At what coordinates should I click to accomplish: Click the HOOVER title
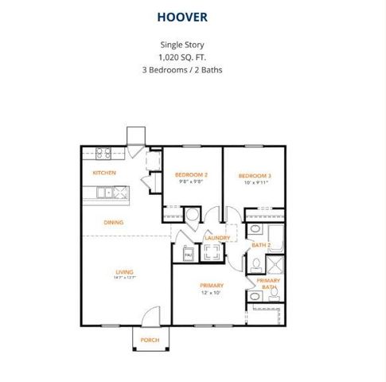point(193,16)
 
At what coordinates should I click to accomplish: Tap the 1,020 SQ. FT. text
point(193,58)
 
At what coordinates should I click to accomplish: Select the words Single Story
point(193,45)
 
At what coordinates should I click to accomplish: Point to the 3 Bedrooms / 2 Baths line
point(193,70)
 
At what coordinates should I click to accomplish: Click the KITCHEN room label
point(105,173)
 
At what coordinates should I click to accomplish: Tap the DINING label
point(113,222)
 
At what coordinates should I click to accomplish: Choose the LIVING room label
point(123,271)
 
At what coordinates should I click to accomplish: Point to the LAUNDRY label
point(216,237)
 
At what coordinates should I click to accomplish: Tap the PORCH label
point(149,340)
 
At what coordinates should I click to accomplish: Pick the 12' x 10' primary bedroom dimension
point(212,293)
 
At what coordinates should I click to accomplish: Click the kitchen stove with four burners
point(103,152)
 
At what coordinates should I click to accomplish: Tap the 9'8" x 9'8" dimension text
point(191,181)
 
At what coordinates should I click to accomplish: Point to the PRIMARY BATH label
point(267,283)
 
